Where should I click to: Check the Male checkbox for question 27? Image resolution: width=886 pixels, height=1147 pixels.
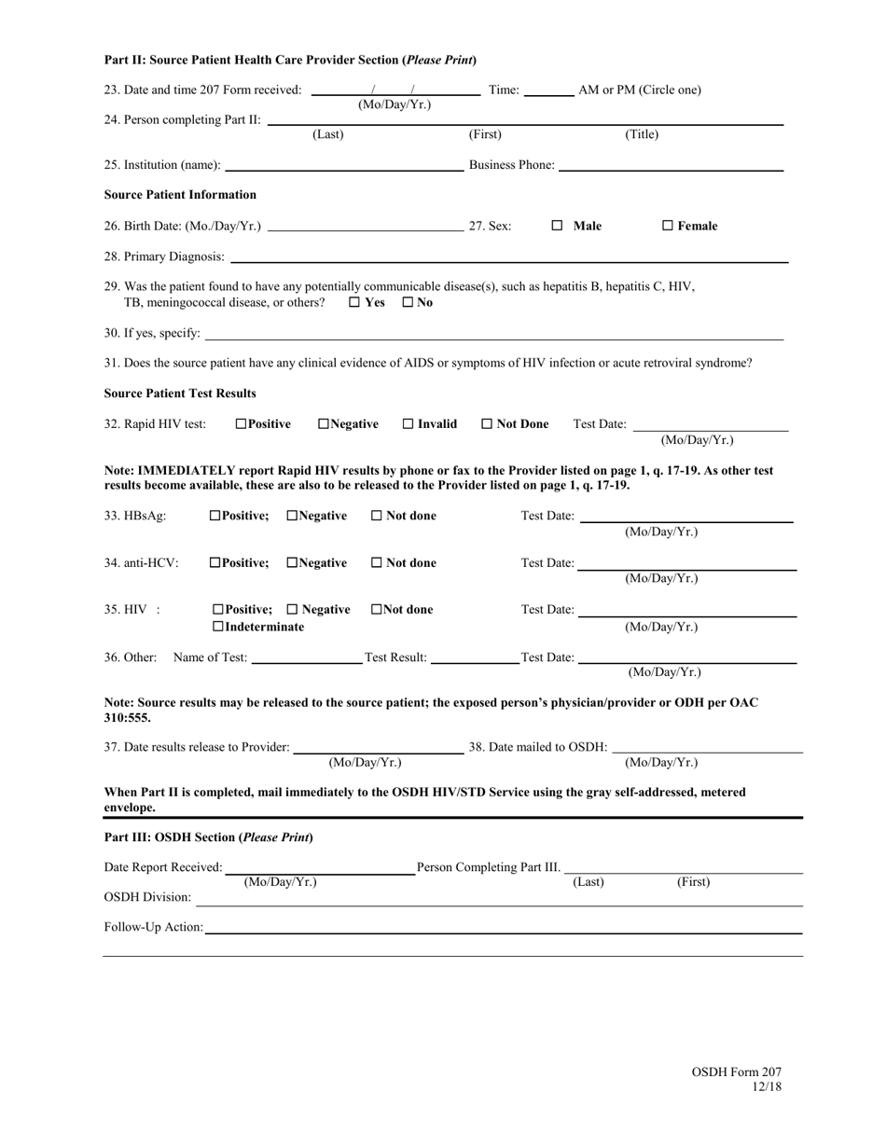pyautogui.click(x=557, y=226)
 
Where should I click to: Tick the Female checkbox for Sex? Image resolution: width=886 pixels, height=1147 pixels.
pyautogui.click(x=668, y=226)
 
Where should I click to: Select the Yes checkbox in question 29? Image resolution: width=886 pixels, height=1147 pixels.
pyautogui.click(x=355, y=303)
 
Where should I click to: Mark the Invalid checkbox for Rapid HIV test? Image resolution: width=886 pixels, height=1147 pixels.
pyautogui.click(x=408, y=424)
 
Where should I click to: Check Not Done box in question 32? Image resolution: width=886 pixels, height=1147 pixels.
pyautogui.click(x=487, y=424)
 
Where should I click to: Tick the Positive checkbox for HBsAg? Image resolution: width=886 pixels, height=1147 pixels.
pyautogui.click(x=215, y=516)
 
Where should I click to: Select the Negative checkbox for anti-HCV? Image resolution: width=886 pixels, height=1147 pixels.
pyautogui.click(x=293, y=563)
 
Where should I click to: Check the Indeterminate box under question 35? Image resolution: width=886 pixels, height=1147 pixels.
pyautogui.click(x=218, y=627)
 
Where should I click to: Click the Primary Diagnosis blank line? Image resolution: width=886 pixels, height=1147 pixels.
pyautogui.click(x=508, y=258)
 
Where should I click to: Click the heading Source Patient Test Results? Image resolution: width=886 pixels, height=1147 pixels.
pyautogui.click(x=180, y=393)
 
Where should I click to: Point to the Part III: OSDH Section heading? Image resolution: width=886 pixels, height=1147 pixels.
pyautogui.click(x=208, y=837)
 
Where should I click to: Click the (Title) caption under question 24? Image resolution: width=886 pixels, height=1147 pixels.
pyautogui.click(x=642, y=135)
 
